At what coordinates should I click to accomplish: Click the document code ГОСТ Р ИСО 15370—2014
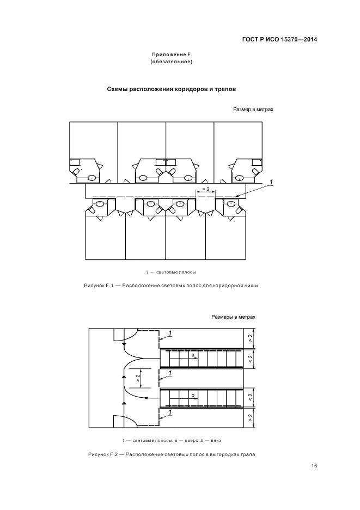(279, 39)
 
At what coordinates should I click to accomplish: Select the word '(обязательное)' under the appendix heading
(170, 62)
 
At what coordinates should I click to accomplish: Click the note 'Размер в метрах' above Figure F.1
(253, 110)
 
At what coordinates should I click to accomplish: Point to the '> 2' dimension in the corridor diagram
(205, 189)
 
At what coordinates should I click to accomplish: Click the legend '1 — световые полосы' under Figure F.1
(170, 271)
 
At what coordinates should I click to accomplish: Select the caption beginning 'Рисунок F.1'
(170, 285)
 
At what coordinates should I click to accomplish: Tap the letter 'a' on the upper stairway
(193, 354)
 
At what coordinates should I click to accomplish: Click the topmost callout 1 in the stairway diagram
(170, 333)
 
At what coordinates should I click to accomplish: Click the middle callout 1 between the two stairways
(170, 373)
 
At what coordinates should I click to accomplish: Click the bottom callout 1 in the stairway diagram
(170, 413)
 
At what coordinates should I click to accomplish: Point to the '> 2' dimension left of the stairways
(138, 377)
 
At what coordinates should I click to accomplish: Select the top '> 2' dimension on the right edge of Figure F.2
(250, 339)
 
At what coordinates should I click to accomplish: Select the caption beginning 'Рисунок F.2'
(170, 454)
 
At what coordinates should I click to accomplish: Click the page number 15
(314, 466)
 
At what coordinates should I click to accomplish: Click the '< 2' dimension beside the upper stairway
(250, 359)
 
